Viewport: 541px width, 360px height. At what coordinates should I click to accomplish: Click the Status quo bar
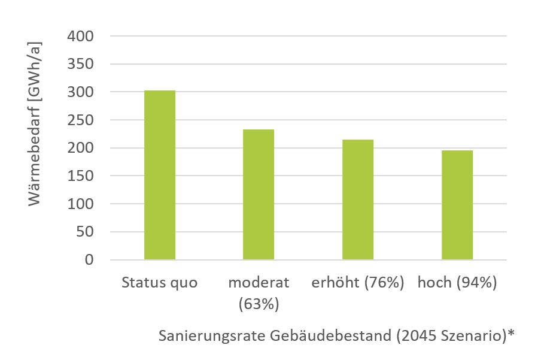tap(160, 175)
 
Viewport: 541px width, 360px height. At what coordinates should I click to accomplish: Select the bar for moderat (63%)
tap(259, 195)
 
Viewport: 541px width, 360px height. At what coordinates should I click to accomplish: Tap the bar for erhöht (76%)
tap(358, 200)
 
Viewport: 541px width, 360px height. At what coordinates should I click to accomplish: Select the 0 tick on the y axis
tap(89, 260)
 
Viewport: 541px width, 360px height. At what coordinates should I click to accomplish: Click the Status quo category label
tap(159, 283)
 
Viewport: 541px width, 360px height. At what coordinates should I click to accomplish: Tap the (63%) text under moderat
tap(259, 304)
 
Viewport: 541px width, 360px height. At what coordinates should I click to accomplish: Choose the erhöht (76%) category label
tap(358, 283)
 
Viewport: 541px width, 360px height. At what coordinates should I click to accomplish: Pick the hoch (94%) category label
tap(457, 283)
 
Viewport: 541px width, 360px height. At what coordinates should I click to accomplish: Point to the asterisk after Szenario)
tap(510, 334)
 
